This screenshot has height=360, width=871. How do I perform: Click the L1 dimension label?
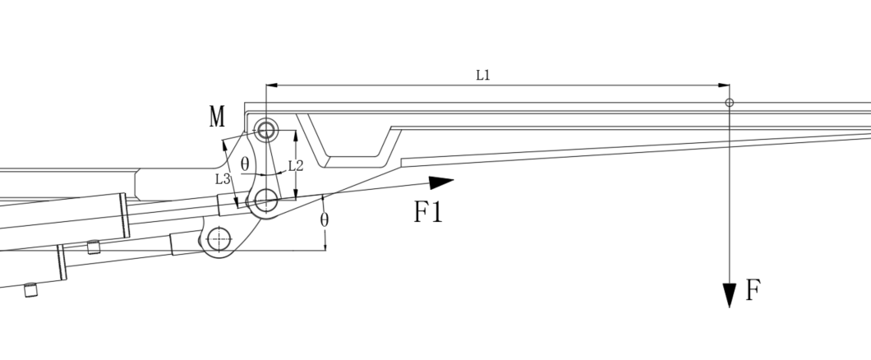click(x=483, y=75)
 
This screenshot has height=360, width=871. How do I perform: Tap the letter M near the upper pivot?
click(x=217, y=117)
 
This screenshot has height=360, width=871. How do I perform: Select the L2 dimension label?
click(x=296, y=165)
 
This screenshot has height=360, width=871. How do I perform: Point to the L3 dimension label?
click(x=223, y=179)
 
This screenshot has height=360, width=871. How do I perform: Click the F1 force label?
click(x=428, y=212)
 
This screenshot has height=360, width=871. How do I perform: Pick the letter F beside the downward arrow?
click(x=753, y=290)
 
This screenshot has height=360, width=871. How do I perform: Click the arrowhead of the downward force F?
click(x=730, y=295)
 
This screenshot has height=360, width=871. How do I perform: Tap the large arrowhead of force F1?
click(x=441, y=182)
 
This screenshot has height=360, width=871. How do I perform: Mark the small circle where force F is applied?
click(x=730, y=103)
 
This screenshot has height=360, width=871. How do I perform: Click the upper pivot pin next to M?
click(x=266, y=131)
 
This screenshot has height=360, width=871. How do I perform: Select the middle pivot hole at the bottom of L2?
click(x=266, y=200)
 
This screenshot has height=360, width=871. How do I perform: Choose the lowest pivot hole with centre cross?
click(x=219, y=239)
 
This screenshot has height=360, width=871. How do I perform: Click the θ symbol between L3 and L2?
click(x=245, y=164)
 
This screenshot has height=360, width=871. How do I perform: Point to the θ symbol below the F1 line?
click(x=325, y=220)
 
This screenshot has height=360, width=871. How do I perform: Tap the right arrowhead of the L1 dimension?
click(x=724, y=85)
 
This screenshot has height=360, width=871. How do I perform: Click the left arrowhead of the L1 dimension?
click(x=272, y=85)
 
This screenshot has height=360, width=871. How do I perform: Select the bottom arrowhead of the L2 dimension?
click(x=296, y=194)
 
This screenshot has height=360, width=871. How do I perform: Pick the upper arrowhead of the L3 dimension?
click(x=225, y=145)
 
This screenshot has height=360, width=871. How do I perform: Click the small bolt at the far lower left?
click(x=31, y=290)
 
